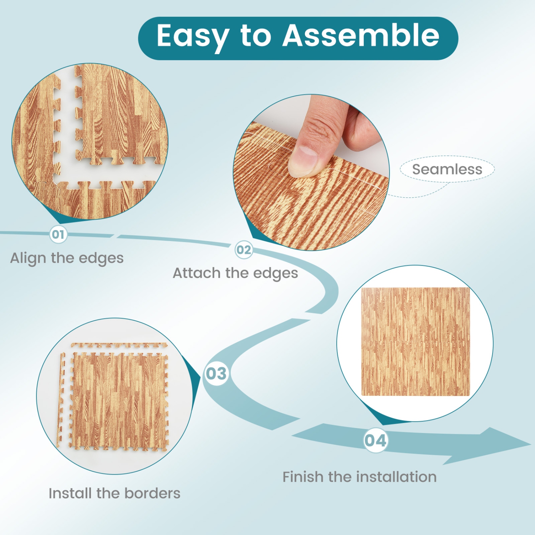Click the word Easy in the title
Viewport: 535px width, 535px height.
[193, 36]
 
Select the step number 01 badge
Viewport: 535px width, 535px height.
[58, 235]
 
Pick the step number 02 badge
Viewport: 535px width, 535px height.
[244, 250]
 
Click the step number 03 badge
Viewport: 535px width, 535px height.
[216, 374]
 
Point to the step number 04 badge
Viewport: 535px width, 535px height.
[376, 440]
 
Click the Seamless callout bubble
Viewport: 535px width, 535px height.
[447, 169]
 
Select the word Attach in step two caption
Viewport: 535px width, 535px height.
[197, 273]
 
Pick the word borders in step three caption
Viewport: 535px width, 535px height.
[152, 493]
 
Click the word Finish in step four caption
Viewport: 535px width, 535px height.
[303, 477]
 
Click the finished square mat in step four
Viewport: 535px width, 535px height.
[415, 342]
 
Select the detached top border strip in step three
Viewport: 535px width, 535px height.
[119, 345]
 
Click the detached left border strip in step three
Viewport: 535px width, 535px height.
[61, 399]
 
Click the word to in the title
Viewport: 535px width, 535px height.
[255, 36]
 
